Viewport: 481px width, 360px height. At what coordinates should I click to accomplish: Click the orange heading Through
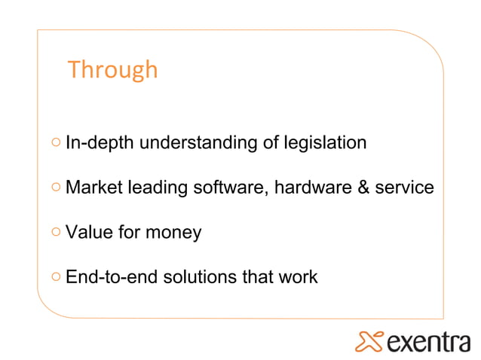112,69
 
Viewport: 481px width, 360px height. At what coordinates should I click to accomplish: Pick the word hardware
310,187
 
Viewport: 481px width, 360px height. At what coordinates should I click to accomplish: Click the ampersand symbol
362,187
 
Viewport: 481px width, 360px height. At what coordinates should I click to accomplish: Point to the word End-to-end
105,277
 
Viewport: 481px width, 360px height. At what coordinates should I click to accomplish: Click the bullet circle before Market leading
57,187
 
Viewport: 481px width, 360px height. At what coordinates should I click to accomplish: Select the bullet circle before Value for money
57,232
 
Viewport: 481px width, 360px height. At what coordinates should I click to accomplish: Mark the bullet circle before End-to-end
57,277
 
